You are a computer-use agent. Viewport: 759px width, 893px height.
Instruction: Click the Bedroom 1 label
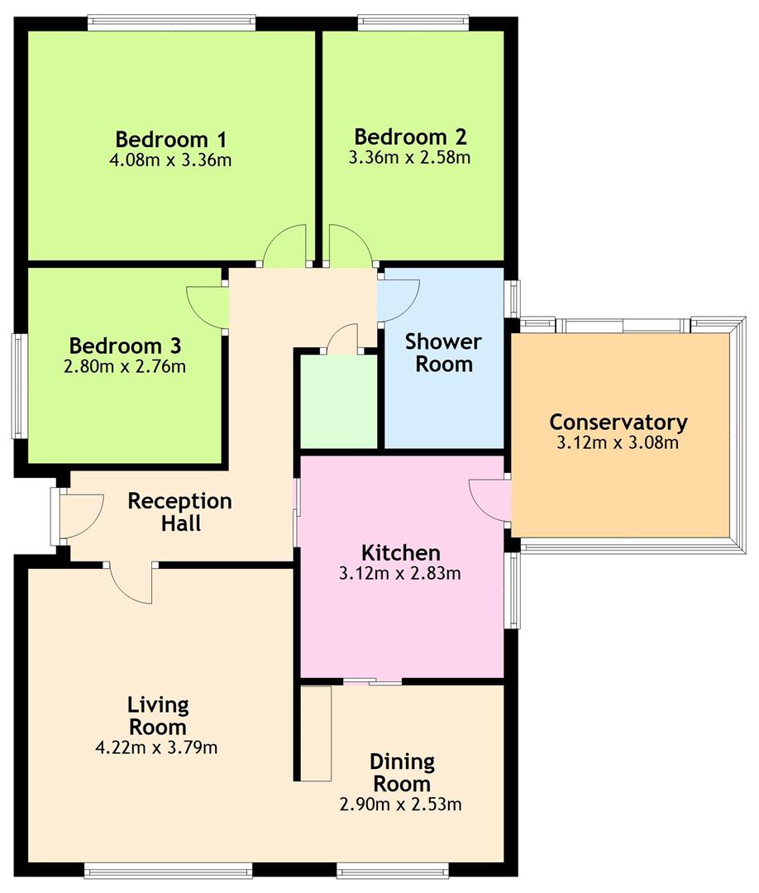tap(171, 139)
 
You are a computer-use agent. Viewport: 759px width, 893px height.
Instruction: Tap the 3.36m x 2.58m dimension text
tap(409, 157)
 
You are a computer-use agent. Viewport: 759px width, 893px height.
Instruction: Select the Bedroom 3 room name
tap(125, 346)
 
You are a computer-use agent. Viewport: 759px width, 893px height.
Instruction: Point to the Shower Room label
tap(443, 352)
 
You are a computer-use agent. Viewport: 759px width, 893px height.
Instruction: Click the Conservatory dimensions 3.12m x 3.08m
tap(618, 442)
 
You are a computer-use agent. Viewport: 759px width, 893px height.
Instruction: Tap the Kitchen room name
tap(401, 552)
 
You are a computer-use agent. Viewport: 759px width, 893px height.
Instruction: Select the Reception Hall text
tap(180, 512)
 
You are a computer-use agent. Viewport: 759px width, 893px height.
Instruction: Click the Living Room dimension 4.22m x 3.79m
tap(156, 747)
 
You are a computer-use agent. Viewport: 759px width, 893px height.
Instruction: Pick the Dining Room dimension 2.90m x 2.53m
tap(401, 805)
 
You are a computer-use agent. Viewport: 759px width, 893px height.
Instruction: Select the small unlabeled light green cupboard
tap(339, 402)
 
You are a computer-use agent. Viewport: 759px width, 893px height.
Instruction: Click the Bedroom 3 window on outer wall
tap(20, 385)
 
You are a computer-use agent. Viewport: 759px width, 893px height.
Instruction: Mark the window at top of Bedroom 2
tap(413, 23)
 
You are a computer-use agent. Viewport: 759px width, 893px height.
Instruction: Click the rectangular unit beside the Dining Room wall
tap(316, 733)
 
